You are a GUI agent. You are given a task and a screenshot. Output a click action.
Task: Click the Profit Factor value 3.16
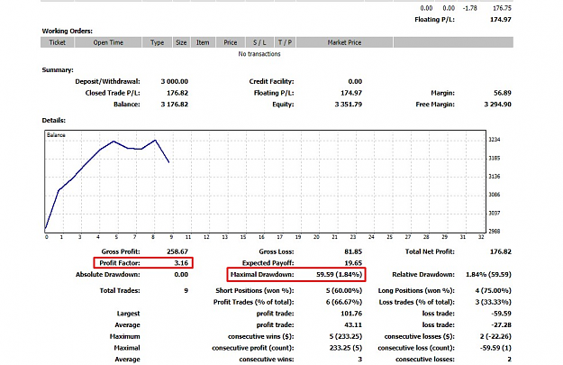click(181, 263)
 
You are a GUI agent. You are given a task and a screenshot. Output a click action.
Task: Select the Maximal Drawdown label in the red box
click(262, 275)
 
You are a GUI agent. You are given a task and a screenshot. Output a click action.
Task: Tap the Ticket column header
click(58, 42)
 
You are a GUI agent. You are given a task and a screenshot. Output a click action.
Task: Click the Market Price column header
click(344, 42)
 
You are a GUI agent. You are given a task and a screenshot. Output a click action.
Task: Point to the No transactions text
click(259, 54)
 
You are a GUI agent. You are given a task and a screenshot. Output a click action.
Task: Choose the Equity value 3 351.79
click(349, 105)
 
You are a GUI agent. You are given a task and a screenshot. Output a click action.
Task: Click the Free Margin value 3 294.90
click(497, 105)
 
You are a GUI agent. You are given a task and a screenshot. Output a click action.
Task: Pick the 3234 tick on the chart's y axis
click(494, 140)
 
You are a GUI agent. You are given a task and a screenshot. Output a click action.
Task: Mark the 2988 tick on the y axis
click(494, 232)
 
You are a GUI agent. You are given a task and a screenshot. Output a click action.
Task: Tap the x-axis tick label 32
click(481, 237)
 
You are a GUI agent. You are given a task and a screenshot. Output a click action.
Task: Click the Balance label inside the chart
click(56, 135)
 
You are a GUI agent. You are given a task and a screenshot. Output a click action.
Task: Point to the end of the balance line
click(169, 163)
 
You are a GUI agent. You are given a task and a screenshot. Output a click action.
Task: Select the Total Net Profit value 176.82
click(501, 251)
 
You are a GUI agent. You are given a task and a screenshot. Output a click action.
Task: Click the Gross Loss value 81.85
click(353, 251)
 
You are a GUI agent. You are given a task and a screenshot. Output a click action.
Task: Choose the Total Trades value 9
click(186, 290)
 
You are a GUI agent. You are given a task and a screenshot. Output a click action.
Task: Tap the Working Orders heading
click(68, 31)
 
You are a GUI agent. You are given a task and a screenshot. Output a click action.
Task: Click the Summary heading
click(58, 69)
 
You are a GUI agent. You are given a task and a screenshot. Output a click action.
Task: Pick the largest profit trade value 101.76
click(351, 314)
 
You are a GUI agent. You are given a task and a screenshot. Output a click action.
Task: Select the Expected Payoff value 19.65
click(353, 263)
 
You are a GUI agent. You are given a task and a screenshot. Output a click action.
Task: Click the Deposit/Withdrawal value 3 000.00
click(175, 81)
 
